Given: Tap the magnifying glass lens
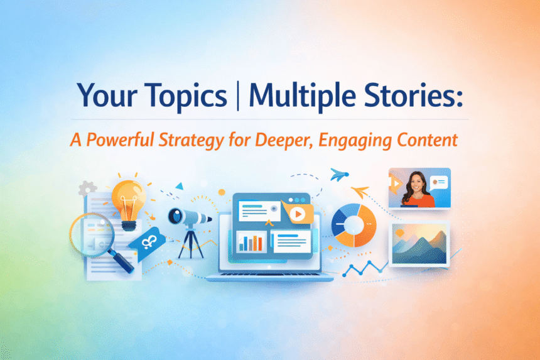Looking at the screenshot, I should coord(92,235).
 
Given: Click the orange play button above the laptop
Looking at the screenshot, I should coord(298,214).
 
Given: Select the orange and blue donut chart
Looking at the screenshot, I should coord(354,224).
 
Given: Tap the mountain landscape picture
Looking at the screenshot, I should coord(419,243).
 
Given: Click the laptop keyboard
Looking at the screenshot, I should coord(271,271).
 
